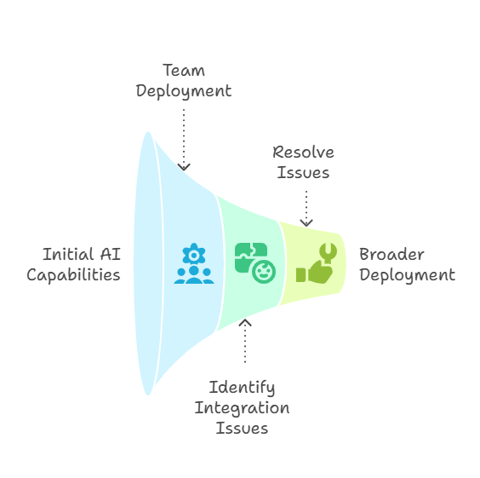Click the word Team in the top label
coord(184,70)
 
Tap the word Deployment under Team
coord(184,91)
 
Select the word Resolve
coord(303,153)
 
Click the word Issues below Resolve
coord(303,172)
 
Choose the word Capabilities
coord(73,275)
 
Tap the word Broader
coord(391,254)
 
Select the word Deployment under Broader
coord(407,275)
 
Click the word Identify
coord(242,388)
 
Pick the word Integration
coord(242,408)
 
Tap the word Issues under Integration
coord(242,428)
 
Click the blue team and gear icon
coord(194,263)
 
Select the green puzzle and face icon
coord(255,263)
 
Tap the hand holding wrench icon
coord(317,263)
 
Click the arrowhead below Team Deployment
coord(184,167)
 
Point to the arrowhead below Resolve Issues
coord(306,222)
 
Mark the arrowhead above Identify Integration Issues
coord(245,323)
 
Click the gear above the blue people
coord(194,254)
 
